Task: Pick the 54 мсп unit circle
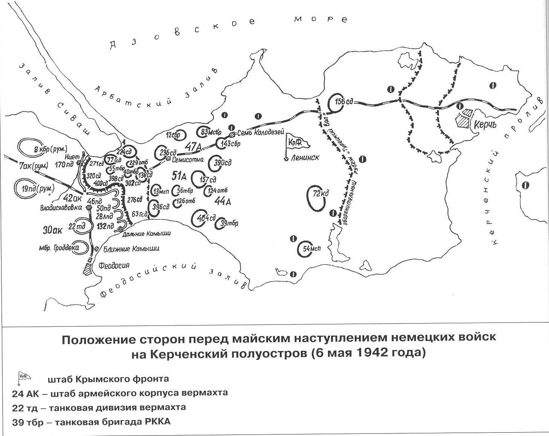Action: (307, 249)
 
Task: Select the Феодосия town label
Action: (113, 265)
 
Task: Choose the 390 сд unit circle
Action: (219, 163)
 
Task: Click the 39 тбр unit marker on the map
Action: (225, 223)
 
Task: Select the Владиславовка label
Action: (61, 207)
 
